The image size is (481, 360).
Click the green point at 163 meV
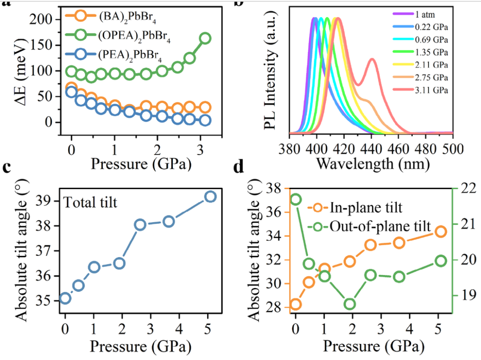(x=205, y=38)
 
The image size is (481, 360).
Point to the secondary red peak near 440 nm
(x=372, y=59)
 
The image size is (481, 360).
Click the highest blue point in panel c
(x=210, y=197)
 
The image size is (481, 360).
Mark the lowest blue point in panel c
(x=65, y=298)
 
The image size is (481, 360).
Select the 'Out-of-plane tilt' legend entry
(x=379, y=226)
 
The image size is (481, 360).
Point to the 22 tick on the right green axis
(x=464, y=188)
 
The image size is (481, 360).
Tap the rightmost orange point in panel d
(x=440, y=231)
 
